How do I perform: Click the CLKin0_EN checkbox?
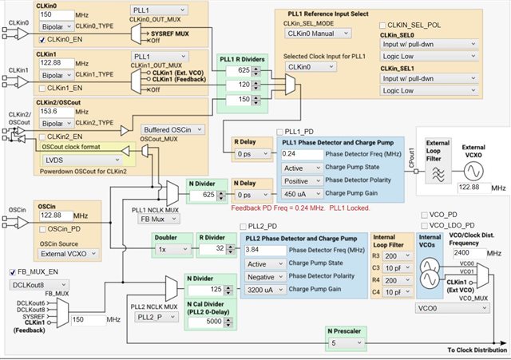click(x=41, y=38)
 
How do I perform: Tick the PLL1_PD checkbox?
click(x=279, y=131)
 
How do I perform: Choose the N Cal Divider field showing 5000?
click(x=204, y=322)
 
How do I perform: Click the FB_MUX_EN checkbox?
click(x=13, y=272)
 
